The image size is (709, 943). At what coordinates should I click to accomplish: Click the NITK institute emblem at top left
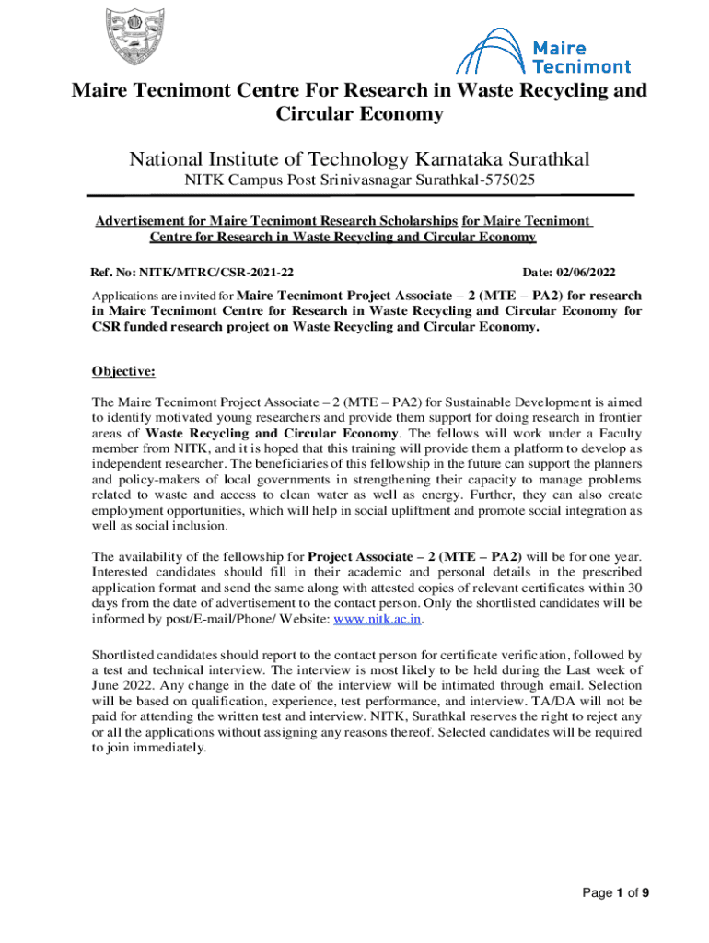pyautogui.click(x=141, y=42)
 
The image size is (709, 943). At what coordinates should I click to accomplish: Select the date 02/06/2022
pyautogui.click(x=582, y=273)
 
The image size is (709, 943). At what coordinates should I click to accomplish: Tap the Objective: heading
pyautogui.click(x=123, y=372)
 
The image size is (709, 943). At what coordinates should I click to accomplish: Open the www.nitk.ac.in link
pyautogui.click(x=378, y=619)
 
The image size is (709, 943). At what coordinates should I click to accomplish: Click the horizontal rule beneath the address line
pyautogui.click(x=360, y=196)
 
